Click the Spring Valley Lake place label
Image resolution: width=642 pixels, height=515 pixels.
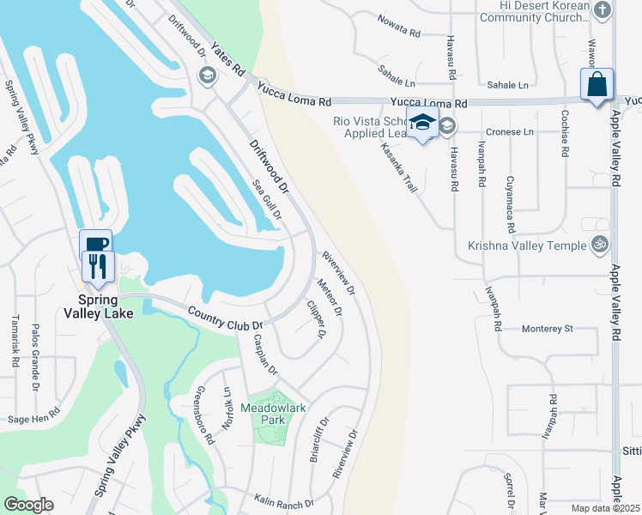point(98,306)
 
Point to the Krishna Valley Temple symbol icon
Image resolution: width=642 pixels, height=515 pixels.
point(600,245)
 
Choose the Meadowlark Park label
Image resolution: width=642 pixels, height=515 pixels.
point(273,414)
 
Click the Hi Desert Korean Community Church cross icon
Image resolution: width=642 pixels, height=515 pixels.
point(603,10)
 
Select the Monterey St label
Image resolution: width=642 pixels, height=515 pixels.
point(548,329)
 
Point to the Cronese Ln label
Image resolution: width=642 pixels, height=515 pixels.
point(510,132)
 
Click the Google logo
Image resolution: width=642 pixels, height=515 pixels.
point(28,505)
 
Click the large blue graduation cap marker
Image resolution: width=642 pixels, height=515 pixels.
point(422,124)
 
